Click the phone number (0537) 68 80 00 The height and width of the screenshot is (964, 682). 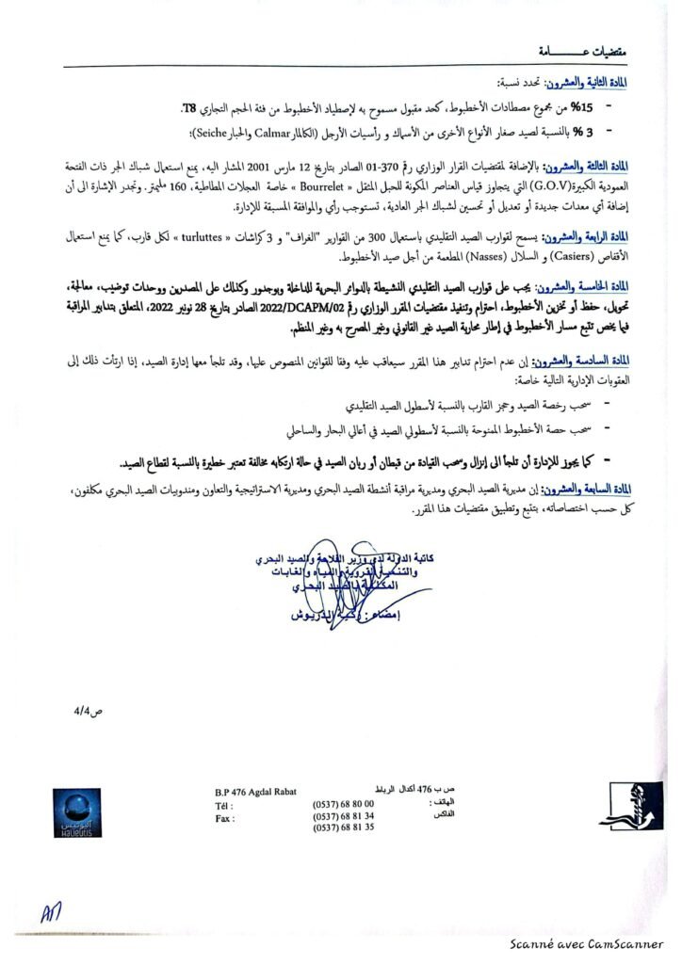coord(343,803)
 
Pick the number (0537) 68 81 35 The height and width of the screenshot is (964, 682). coord(343,827)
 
